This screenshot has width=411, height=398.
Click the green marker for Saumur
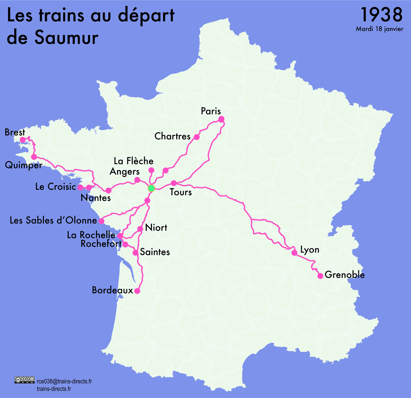(151, 188)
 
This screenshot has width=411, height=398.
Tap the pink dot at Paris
(221, 119)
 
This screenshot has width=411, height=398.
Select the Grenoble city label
(344, 275)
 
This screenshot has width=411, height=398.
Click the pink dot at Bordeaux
(137, 291)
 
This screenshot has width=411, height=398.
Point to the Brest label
(15, 132)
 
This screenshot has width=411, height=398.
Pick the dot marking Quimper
(34, 157)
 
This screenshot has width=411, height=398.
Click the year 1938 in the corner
(381, 15)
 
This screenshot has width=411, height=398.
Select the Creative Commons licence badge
(24, 380)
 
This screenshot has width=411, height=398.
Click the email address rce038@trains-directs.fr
(64, 381)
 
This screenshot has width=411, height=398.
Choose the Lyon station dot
(294, 253)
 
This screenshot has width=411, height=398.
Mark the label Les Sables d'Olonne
(53, 221)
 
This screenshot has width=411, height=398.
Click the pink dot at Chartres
(196, 137)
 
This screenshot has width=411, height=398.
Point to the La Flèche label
(134, 161)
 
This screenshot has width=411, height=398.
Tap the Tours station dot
(174, 183)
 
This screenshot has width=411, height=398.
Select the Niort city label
(156, 228)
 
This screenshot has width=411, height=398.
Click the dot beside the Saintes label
(135, 253)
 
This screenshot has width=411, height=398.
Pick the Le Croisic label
(55, 187)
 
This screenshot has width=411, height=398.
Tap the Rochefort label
(101, 244)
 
